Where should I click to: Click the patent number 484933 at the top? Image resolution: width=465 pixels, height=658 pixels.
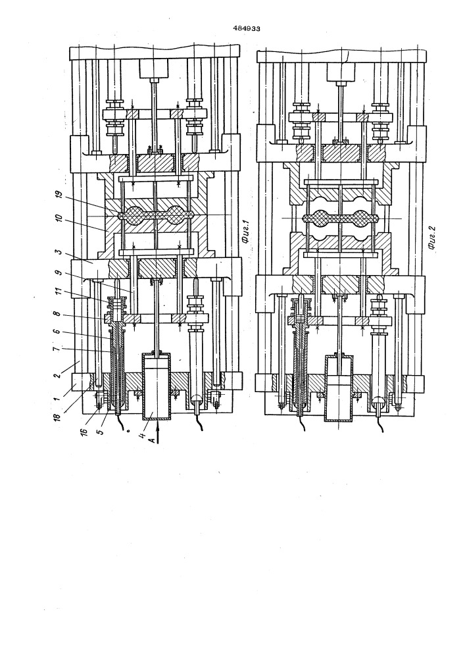[247, 29]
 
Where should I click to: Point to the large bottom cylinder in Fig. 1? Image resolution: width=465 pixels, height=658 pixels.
[156, 386]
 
